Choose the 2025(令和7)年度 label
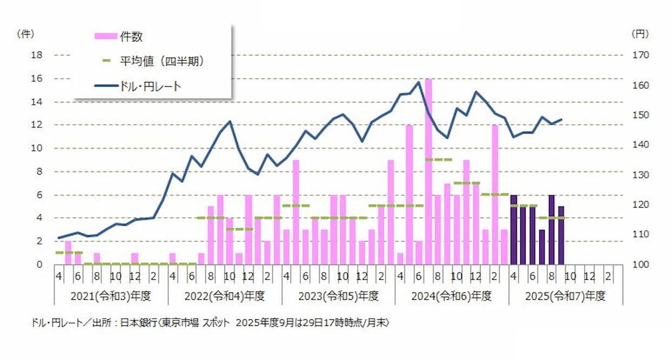(565, 297)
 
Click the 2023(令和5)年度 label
(338, 297)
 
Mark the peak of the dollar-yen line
(418, 82)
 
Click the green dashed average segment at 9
(438, 159)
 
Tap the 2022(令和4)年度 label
(224, 297)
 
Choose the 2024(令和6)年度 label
(451, 297)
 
